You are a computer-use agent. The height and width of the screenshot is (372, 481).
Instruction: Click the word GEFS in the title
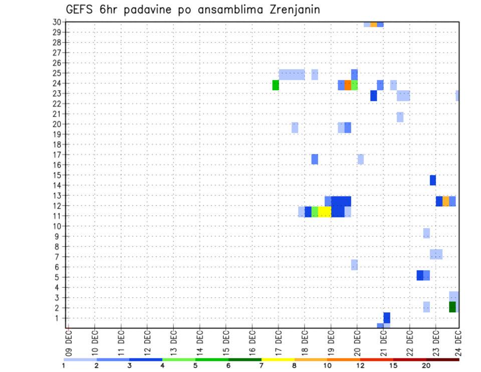point(82,10)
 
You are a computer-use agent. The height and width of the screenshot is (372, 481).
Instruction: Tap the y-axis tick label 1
point(59,318)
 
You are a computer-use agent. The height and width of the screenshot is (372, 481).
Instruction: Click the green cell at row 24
point(276,85)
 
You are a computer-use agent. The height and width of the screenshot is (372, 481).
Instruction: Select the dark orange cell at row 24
point(348,85)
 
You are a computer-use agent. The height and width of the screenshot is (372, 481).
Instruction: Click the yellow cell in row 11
point(325,212)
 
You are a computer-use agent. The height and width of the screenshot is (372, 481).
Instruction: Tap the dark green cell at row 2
point(452,307)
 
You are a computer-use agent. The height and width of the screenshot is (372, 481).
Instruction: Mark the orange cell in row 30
point(374,24)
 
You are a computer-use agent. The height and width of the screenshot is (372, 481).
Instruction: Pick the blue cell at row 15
point(433,180)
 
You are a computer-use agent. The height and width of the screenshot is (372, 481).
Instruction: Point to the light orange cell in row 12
point(446,201)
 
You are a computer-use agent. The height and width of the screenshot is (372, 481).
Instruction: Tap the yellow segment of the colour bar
point(278,359)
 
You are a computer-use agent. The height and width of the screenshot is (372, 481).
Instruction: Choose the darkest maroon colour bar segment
point(443,359)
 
